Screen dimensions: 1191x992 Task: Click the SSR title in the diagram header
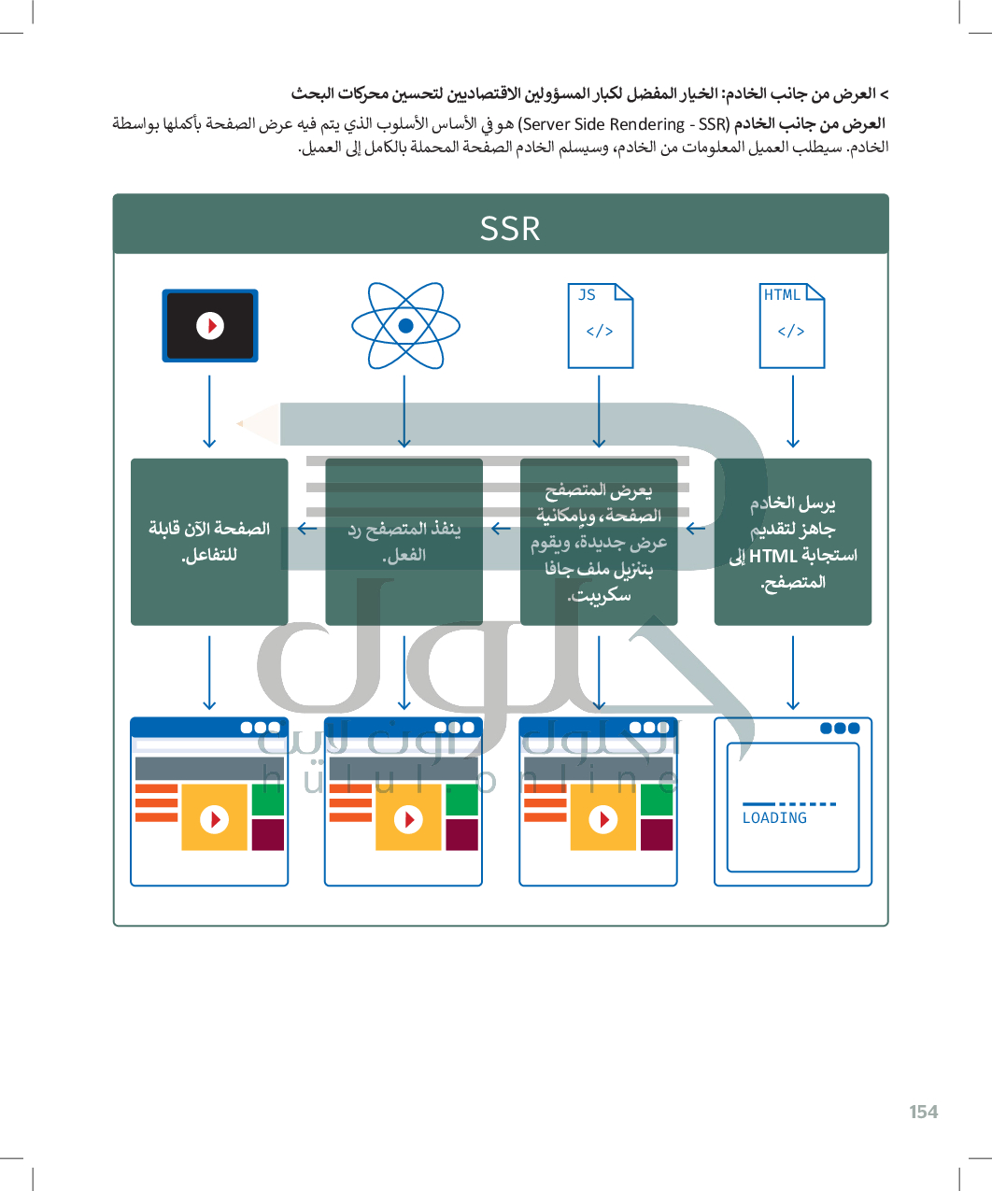point(510,229)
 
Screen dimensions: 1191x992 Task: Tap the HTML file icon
point(792,326)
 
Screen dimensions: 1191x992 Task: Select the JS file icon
point(601,326)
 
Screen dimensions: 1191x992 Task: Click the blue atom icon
point(405,326)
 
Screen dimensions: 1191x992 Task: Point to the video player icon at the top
point(210,325)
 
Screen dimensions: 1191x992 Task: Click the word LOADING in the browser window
point(774,818)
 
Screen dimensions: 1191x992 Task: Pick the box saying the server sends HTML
point(792,542)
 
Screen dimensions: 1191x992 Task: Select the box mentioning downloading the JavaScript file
point(599,542)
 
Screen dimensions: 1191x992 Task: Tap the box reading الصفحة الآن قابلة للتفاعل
point(209,542)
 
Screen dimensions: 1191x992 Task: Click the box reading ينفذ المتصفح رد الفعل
point(404,542)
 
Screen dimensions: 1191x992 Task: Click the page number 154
point(923,1112)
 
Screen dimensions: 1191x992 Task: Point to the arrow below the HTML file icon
point(793,412)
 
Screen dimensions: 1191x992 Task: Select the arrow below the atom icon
point(404,412)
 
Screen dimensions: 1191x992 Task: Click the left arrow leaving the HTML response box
point(695,529)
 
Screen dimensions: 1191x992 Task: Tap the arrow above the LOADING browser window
point(793,673)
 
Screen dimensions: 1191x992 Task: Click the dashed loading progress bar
point(789,803)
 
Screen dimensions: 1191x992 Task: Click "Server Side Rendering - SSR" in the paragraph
point(623,124)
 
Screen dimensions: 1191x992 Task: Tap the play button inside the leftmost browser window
point(215,819)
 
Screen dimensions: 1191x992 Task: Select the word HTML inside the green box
point(773,556)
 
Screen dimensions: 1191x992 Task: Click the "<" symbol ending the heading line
point(884,93)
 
